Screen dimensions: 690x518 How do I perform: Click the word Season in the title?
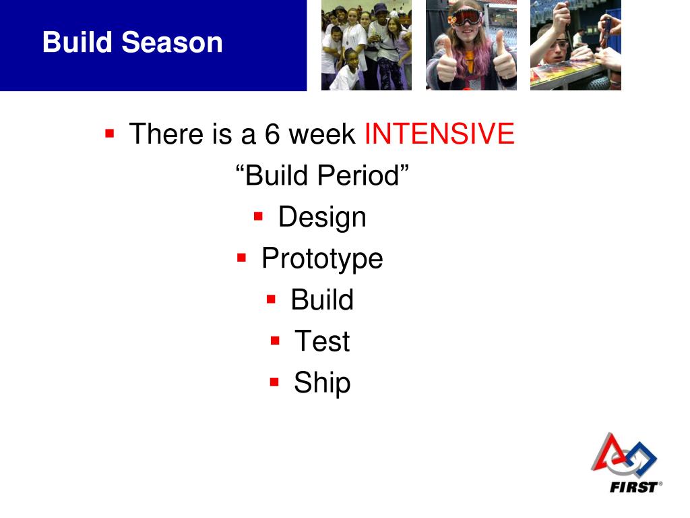point(172,42)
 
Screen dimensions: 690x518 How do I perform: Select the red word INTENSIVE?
point(439,133)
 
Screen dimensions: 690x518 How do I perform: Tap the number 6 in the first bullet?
point(272,134)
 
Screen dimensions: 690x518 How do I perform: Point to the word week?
point(321,134)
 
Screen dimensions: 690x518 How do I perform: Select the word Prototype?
point(322,258)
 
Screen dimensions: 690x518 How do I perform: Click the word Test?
point(322,341)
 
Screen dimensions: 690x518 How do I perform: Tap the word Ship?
point(322,383)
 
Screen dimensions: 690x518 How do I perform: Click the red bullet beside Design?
point(258,216)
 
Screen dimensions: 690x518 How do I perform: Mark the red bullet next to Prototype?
point(242,257)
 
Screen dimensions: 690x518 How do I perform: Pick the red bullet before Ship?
point(275,382)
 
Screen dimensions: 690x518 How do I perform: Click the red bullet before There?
point(110,133)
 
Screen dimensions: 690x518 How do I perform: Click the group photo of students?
point(367,45)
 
